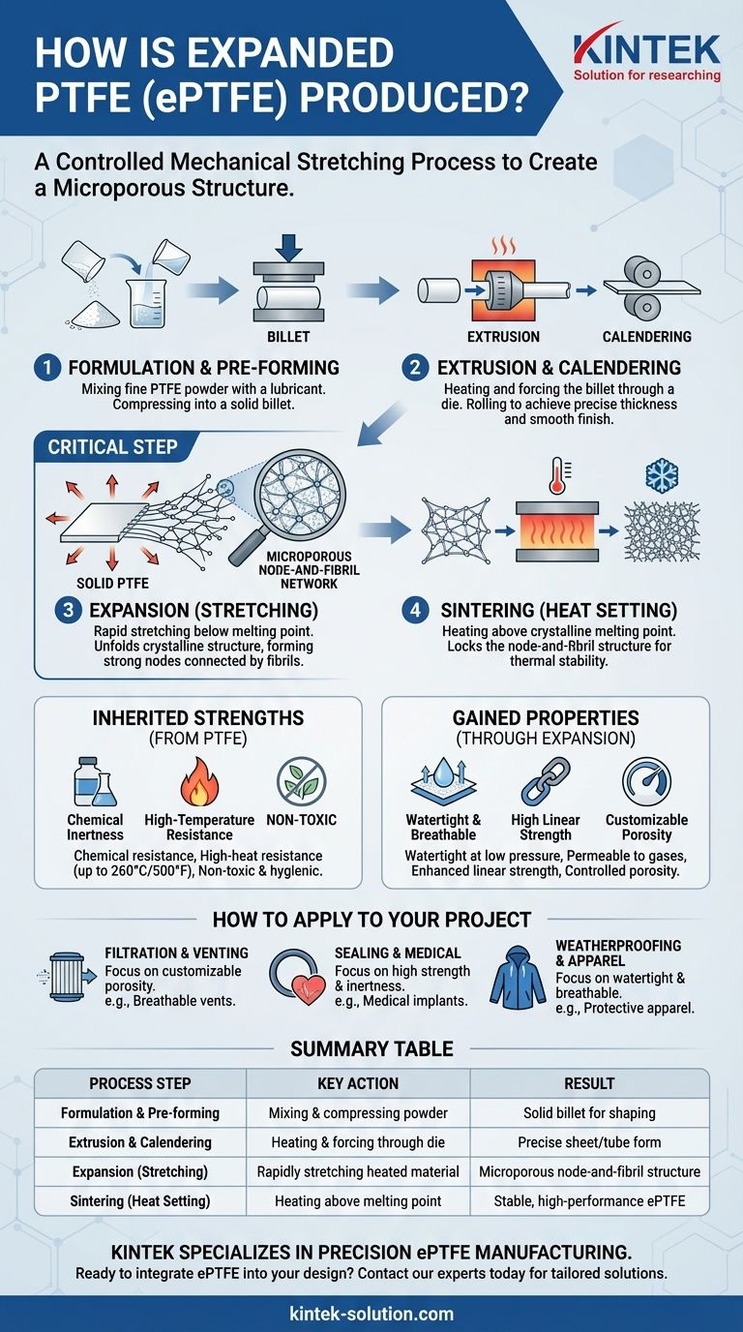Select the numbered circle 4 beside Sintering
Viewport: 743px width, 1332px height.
[x=415, y=610]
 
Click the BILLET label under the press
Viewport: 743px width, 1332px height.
[x=288, y=337]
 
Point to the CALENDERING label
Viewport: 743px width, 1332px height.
[x=646, y=337]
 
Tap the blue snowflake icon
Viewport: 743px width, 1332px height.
[x=662, y=475]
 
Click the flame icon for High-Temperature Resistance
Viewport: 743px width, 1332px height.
[x=199, y=781]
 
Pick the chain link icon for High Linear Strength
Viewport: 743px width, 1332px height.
[x=545, y=781]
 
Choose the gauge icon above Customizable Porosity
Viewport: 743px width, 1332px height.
[x=646, y=781]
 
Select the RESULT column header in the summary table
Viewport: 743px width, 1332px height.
[x=589, y=1083]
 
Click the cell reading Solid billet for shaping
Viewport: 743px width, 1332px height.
[x=589, y=1113]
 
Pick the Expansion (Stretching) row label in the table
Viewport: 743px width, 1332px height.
[x=140, y=1171]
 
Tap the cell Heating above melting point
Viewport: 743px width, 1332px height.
[x=358, y=1201]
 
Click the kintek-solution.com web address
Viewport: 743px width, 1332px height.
[x=371, y=1314]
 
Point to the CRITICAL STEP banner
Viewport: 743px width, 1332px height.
[x=112, y=447]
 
